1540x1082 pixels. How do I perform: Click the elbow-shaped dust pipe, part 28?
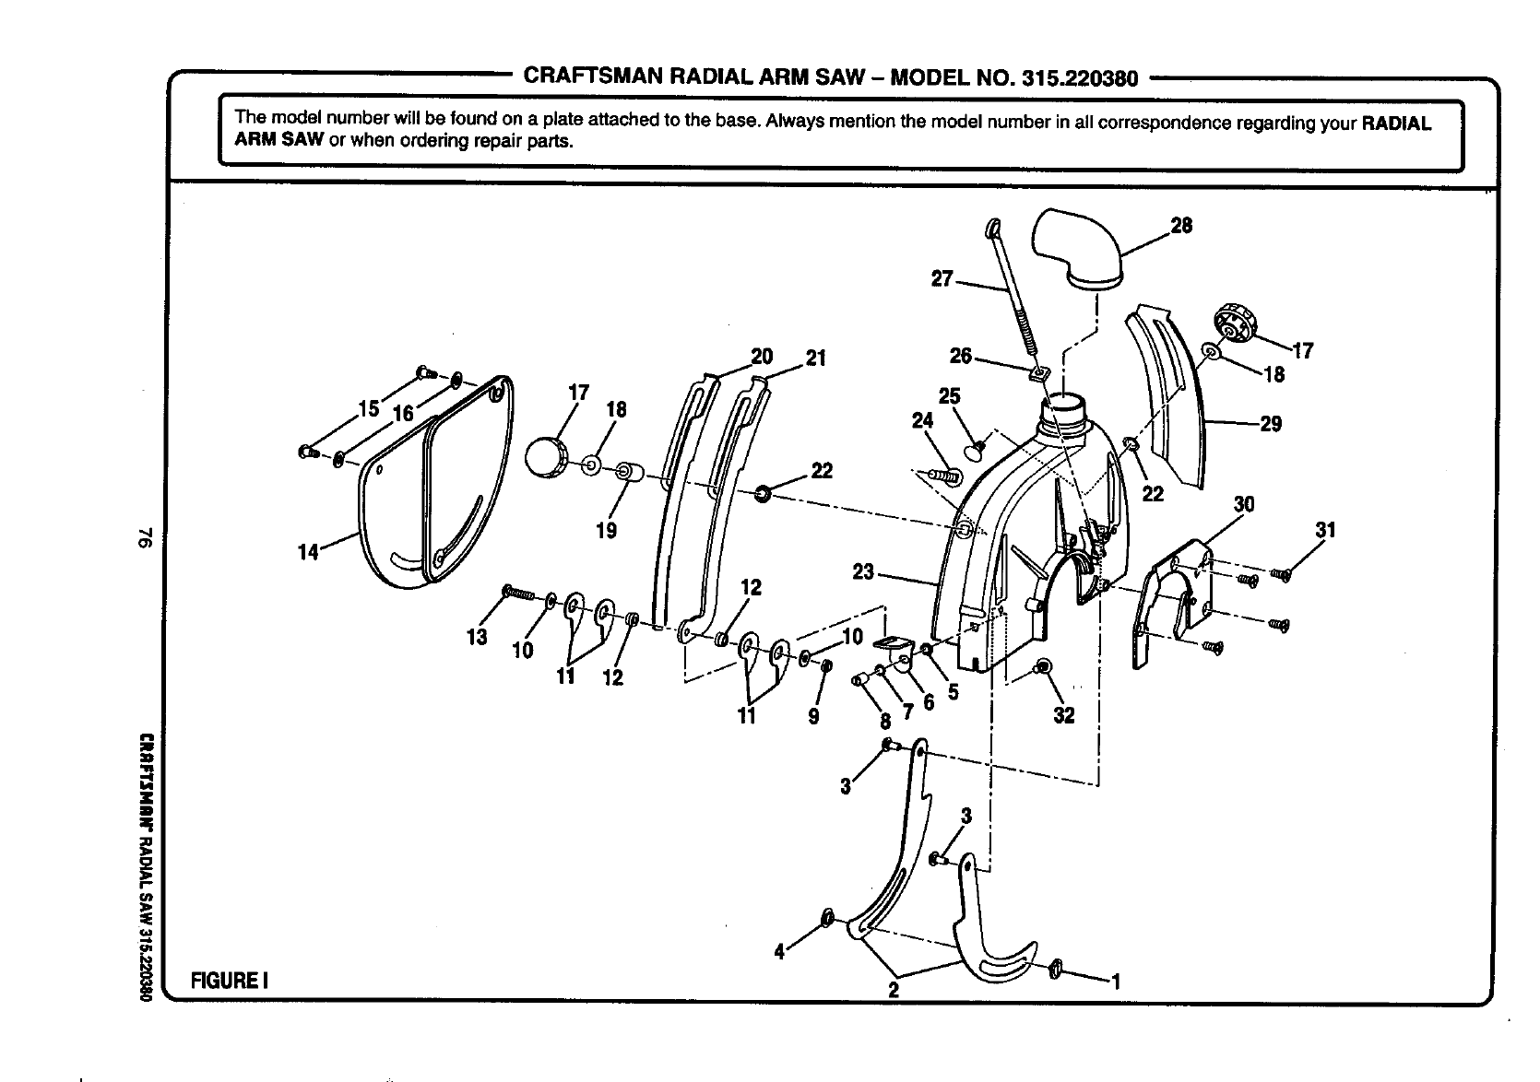point(1074,247)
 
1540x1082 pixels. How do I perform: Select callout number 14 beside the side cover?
point(308,552)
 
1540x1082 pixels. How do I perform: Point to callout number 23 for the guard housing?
point(862,572)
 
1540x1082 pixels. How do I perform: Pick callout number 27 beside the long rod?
point(941,278)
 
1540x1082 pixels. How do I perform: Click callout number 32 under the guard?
point(1064,716)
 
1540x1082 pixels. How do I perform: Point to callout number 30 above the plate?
point(1244,504)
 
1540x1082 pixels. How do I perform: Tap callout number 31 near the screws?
point(1325,530)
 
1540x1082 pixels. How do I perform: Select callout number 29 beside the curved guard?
point(1271,425)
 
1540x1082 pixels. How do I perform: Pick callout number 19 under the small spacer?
point(607,531)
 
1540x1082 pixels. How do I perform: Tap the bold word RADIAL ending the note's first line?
point(1396,123)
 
